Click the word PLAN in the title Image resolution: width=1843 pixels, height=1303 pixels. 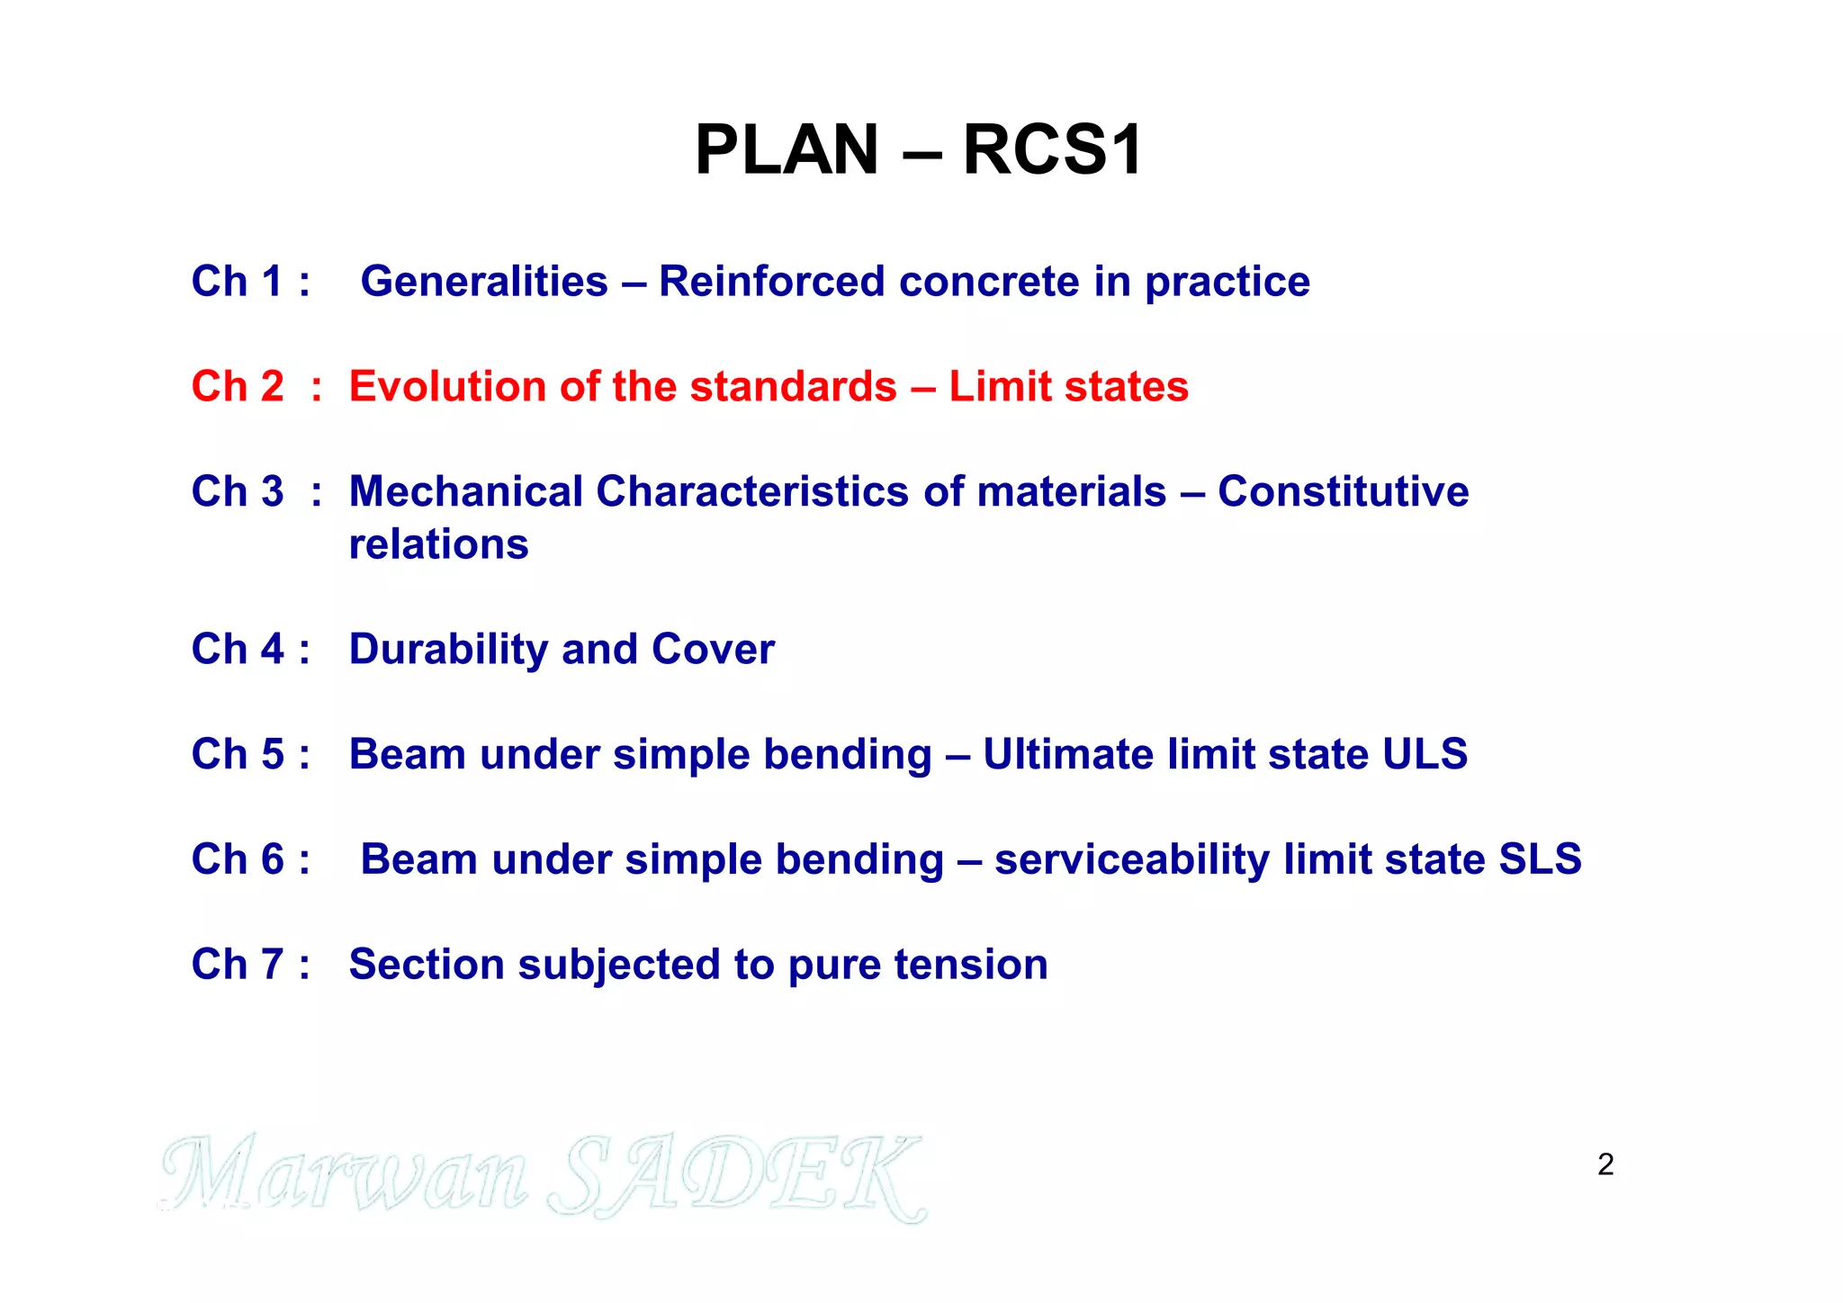(x=786, y=149)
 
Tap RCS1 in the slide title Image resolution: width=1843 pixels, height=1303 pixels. (x=1052, y=149)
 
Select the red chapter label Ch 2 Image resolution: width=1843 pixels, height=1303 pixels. (x=238, y=387)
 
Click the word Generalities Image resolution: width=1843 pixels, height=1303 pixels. (x=484, y=282)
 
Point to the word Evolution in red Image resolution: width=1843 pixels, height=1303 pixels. (x=447, y=387)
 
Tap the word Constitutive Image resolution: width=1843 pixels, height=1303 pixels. (x=1343, y=492)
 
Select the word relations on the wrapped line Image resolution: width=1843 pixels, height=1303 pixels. (x=438, y=544)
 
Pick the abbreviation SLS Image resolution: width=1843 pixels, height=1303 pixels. (x=1540, y=859)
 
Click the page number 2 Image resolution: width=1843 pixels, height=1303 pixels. (x=1605, y=1164)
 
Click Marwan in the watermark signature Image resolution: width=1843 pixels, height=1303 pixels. (x=346, y=1174)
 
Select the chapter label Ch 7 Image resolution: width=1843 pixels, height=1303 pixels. (x=238, y=965)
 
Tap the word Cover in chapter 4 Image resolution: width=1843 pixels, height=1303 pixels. (x=713, y=650)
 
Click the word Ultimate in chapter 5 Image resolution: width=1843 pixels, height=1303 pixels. (x=1068, y=754)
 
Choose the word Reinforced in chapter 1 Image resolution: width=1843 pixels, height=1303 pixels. (x=772, y=282)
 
